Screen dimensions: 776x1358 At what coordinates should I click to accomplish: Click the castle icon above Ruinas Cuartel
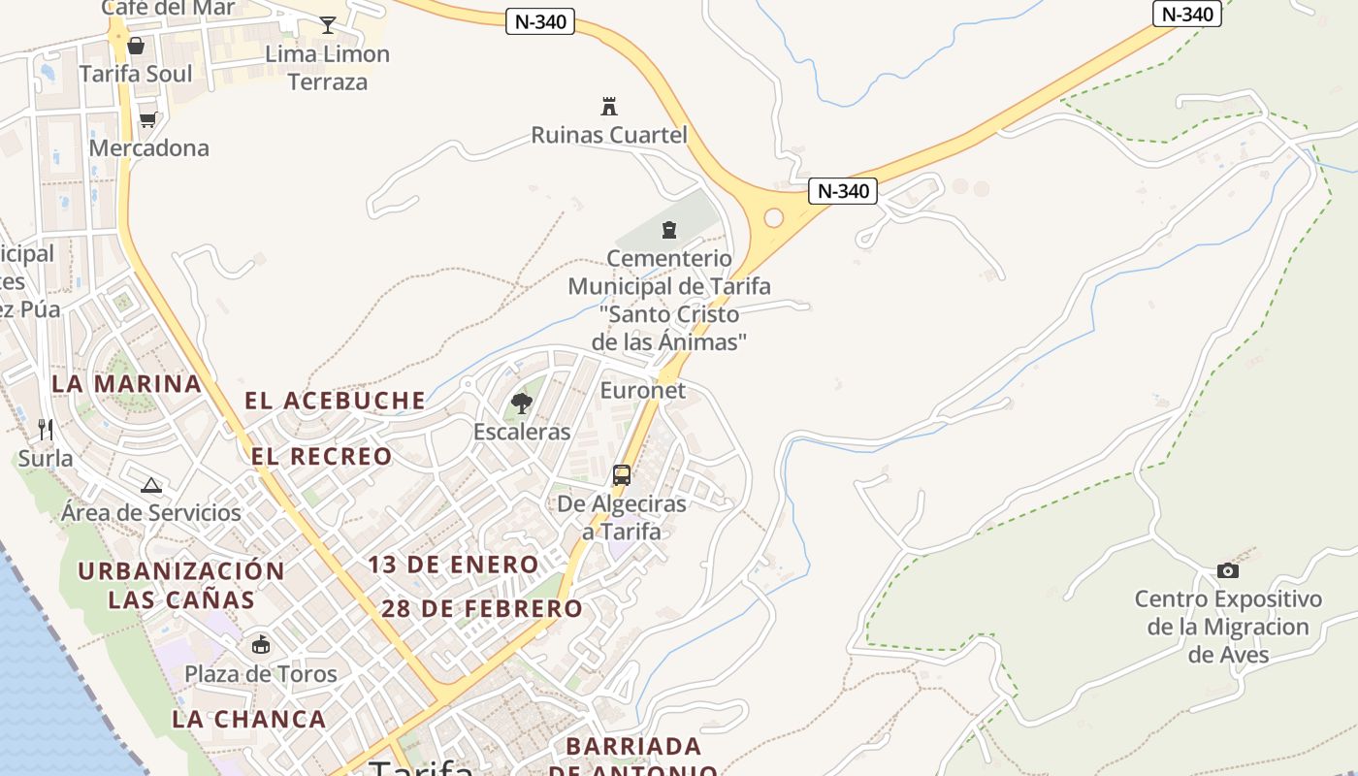pos(609,106)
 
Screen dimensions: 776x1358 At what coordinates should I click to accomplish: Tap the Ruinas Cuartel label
pos(609,135)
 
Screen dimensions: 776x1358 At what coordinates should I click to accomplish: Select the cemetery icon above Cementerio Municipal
pos(668,230)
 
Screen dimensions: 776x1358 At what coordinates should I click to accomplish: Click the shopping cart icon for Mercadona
pos(147,120)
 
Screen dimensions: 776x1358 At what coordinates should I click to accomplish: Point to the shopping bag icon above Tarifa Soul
pos(136,46)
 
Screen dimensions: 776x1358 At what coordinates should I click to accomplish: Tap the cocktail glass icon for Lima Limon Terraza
pos(328,25)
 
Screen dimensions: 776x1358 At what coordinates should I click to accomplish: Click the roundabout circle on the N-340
pos(773,217)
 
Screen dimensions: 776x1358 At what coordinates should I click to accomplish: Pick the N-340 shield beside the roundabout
pos(843,191)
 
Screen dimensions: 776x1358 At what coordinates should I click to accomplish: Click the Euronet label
pos(643,390)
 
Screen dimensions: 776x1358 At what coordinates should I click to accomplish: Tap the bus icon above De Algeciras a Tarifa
pos(622,475)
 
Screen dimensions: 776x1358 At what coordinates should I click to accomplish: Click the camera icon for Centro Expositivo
pos(1228,570)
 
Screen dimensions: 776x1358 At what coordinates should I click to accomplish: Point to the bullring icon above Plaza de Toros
pos(261,644)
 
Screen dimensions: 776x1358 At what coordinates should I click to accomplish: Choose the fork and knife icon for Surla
pos(45,429)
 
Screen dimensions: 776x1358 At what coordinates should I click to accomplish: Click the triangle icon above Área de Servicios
pos(150,485)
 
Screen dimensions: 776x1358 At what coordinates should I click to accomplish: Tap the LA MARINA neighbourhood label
pos(127,383)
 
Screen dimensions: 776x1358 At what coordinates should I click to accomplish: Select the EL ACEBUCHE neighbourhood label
pos(335,400)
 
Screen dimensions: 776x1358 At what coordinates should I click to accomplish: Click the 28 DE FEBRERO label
pos(482,608)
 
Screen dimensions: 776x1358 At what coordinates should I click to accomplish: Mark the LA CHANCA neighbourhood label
pos(249,719)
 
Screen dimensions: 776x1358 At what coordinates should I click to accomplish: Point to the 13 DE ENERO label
pos(453,564)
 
